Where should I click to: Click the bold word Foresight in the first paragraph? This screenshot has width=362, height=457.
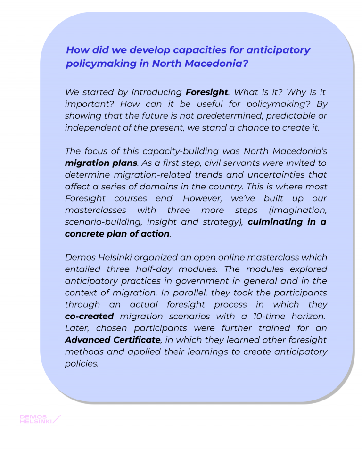tap(207, 92)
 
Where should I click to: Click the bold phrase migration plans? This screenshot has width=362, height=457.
tap(101, 163)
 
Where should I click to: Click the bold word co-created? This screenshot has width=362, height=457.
tap(89, 316)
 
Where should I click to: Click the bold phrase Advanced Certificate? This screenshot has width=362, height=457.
tap(113, 340)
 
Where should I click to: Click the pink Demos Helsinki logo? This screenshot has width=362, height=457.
tap(40, 419)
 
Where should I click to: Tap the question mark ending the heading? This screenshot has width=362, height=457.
tap(245, 64)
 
